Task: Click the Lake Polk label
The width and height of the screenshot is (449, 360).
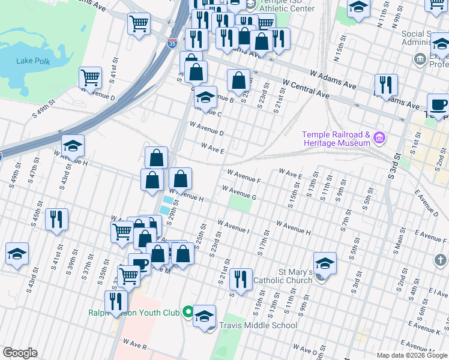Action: [33, 61]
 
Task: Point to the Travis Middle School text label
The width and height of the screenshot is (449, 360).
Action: [258, 325]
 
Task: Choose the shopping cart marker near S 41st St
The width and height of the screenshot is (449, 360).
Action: [90, 77]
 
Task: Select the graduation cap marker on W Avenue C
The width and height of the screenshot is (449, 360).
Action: [205, 97]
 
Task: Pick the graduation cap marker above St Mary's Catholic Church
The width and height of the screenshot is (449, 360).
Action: [325, 263]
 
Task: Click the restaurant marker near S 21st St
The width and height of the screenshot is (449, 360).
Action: [241, 279]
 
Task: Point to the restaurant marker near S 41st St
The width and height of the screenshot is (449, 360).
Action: [56, 219]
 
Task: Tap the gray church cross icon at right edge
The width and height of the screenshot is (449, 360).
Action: [440, 260]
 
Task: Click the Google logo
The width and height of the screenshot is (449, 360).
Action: [20, 352]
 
